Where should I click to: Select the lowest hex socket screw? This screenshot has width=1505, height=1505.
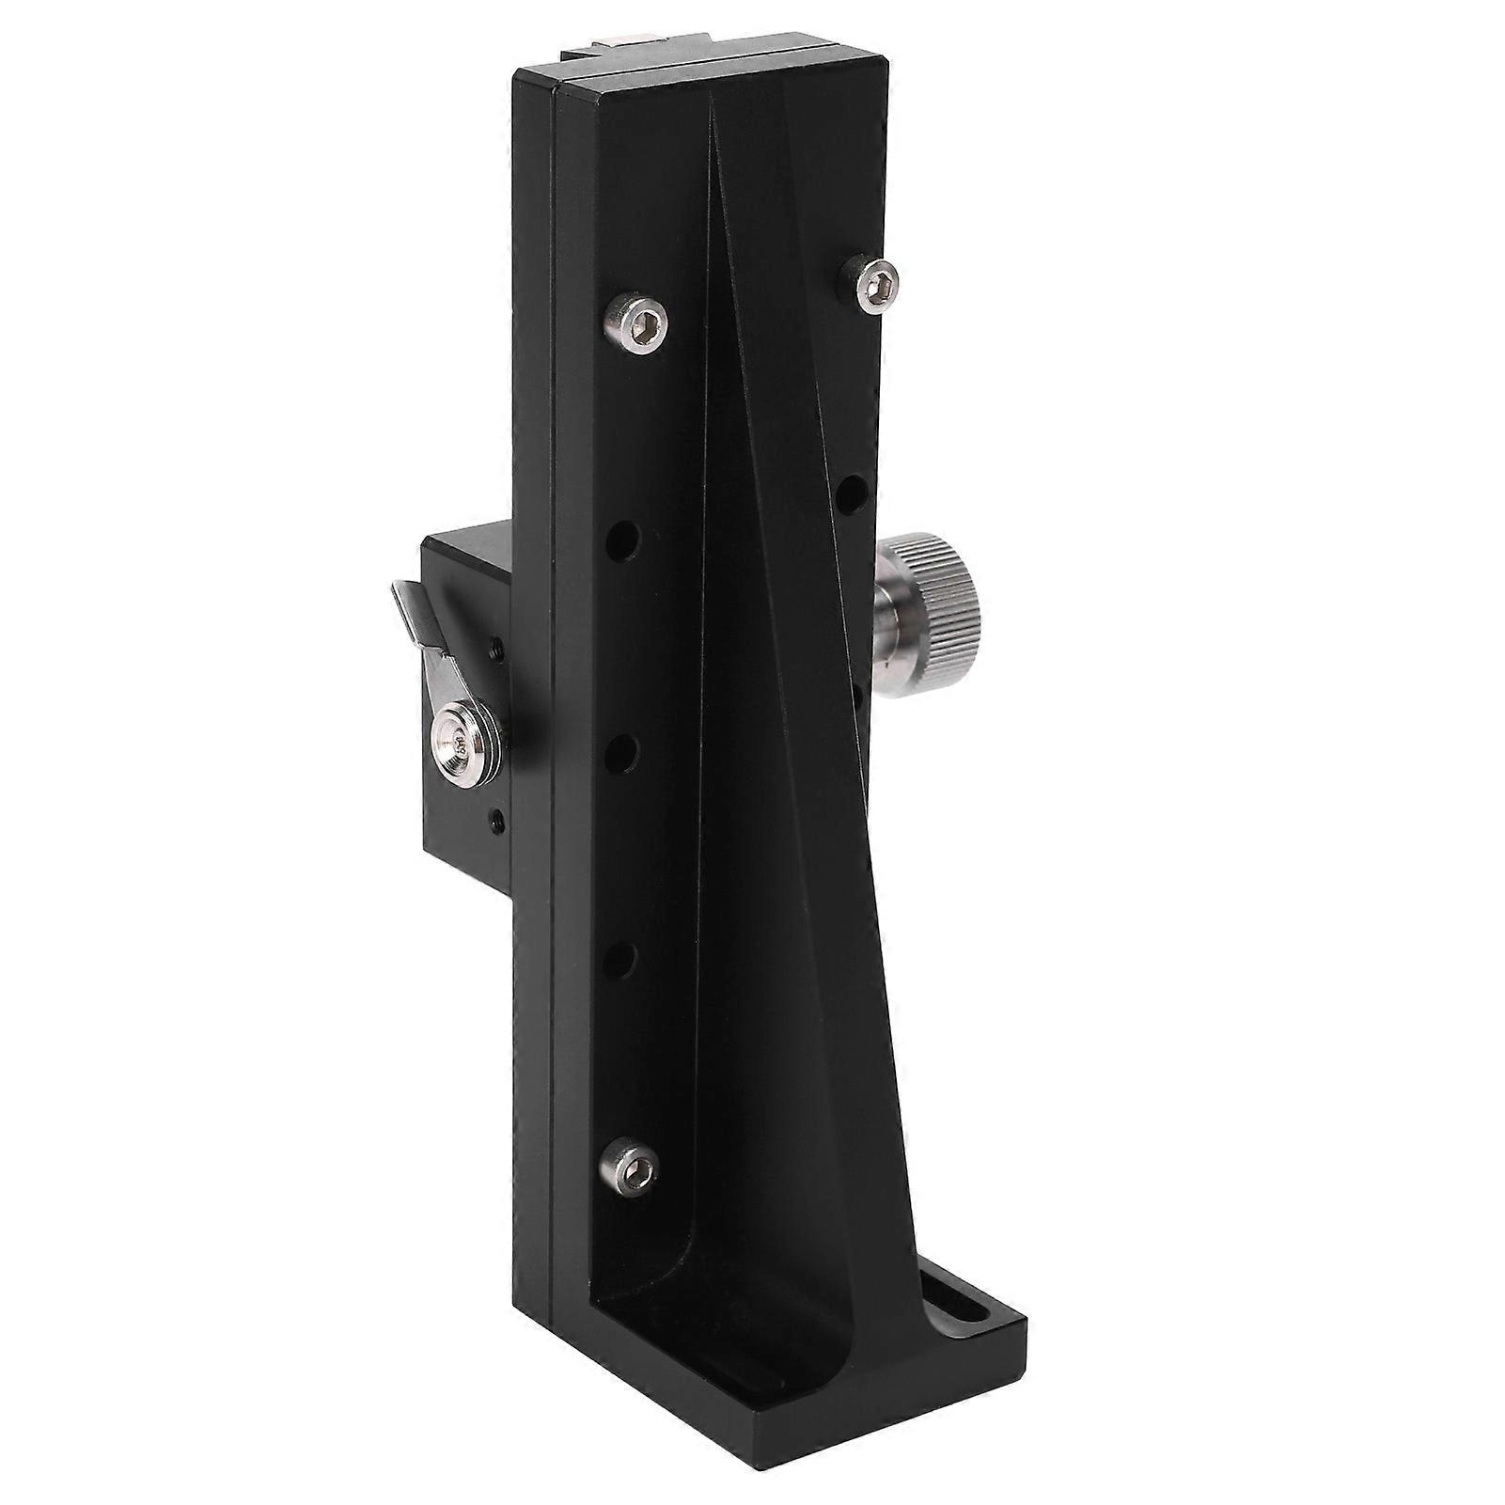click(x=630, y=1166)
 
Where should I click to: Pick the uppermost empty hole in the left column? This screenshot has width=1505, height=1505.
click(x=623, y=542)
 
